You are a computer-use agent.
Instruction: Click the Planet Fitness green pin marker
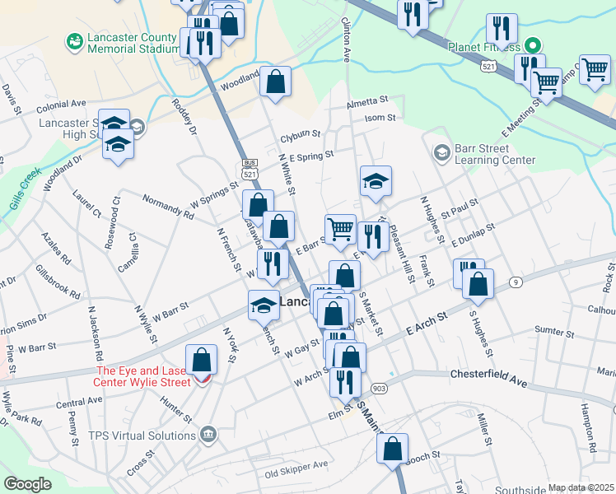point(532,45)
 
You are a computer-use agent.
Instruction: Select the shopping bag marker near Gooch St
point(393,450)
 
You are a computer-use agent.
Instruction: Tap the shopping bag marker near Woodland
point(276,82)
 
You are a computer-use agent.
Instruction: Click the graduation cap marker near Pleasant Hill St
point(376,182)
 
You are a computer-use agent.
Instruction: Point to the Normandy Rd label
point(167,207)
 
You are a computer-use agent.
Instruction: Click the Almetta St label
point(366,100)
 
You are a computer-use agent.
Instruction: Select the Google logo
point(27,484)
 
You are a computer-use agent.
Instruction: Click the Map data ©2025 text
point(581,487)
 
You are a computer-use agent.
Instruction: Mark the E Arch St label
point(426,323)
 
